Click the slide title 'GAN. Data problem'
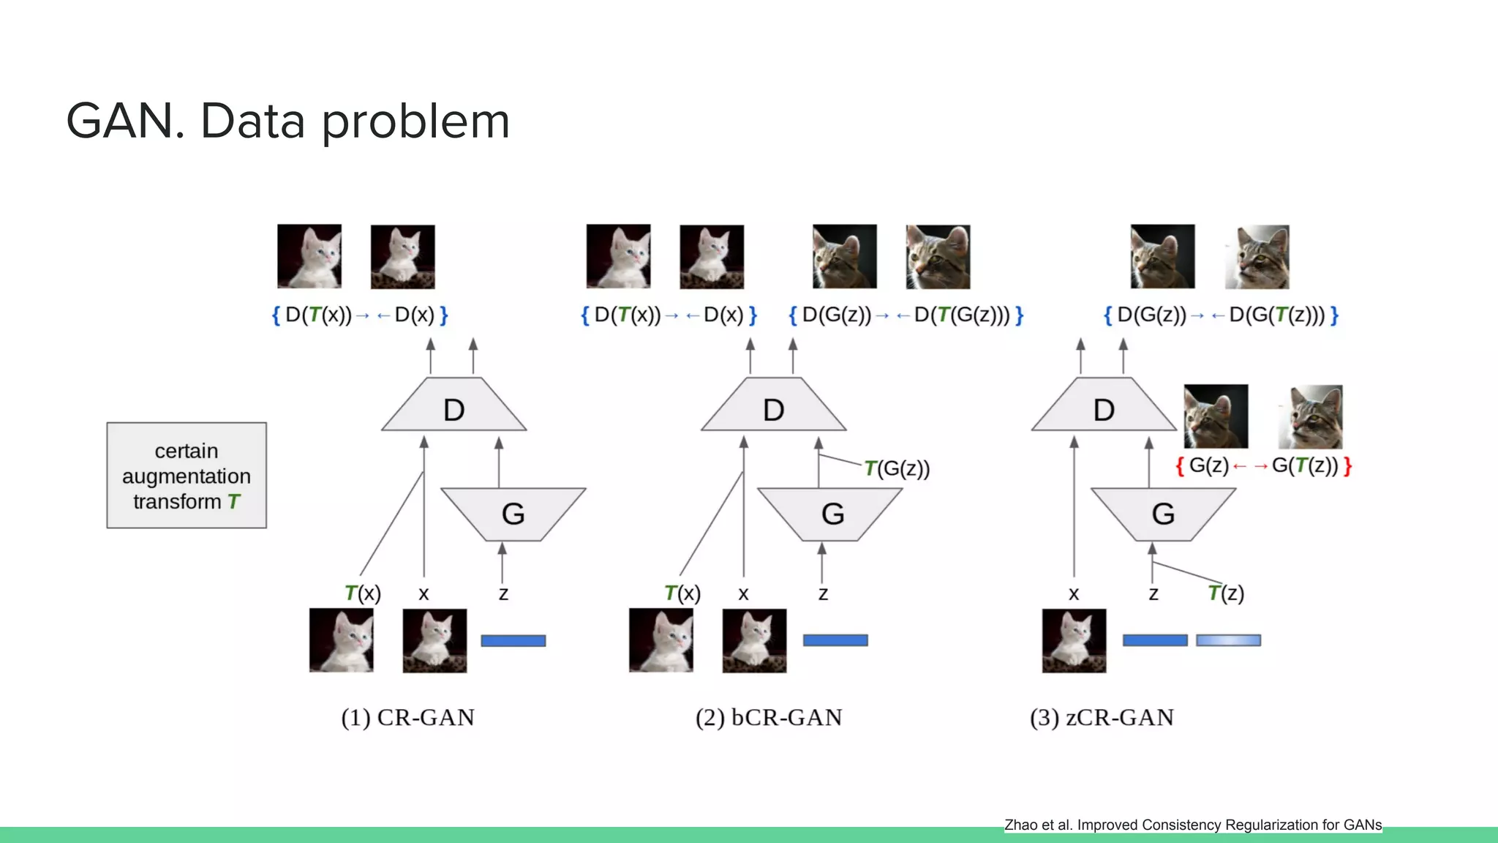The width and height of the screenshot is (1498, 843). (x=287, y=121)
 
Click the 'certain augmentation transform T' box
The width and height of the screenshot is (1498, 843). (x=187, y=476)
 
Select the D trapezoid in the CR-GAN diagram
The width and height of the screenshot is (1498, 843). (x=453, y=407)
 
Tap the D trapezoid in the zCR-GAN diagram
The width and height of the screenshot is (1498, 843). (x=1103, y=407)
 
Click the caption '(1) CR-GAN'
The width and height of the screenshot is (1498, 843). (x=407, y=717)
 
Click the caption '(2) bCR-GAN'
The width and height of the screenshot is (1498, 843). (x=768, y=717)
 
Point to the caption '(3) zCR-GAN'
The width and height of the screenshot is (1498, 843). (x=1102, y=717)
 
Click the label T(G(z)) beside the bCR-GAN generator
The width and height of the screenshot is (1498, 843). (x=897, y=468)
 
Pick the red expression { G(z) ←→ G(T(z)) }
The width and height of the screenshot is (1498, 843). (x=1263, y=465)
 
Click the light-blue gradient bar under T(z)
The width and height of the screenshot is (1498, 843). (x=1228, y=640)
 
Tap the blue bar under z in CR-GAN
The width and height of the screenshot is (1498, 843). (x=513, y=640)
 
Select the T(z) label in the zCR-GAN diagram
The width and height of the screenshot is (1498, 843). (x=1226, y=593)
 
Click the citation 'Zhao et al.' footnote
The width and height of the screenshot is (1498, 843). (x=1192, y=825)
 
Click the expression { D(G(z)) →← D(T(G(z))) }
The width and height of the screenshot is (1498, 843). (x=906, y=315)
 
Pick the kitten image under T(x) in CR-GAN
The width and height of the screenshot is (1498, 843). (x=341, y=640)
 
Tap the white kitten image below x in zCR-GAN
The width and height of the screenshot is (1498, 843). (x=1074, y=640)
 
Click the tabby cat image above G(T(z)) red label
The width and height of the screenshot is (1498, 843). (x=1310, y=416)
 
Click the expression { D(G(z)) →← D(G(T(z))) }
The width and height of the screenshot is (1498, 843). (x=1221, y=315)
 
